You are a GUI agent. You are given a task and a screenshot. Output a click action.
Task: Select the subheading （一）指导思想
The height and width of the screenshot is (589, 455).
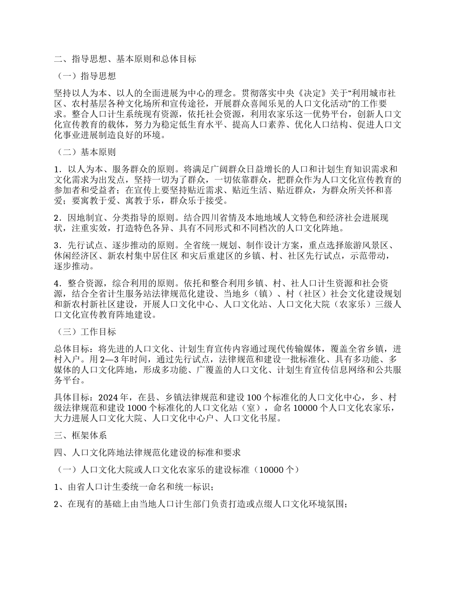click(85, 76)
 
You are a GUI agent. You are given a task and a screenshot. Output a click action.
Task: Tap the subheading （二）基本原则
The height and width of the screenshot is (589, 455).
click(85, 153)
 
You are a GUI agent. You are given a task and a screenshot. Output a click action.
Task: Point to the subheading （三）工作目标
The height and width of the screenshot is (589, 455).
click(85, 331)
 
